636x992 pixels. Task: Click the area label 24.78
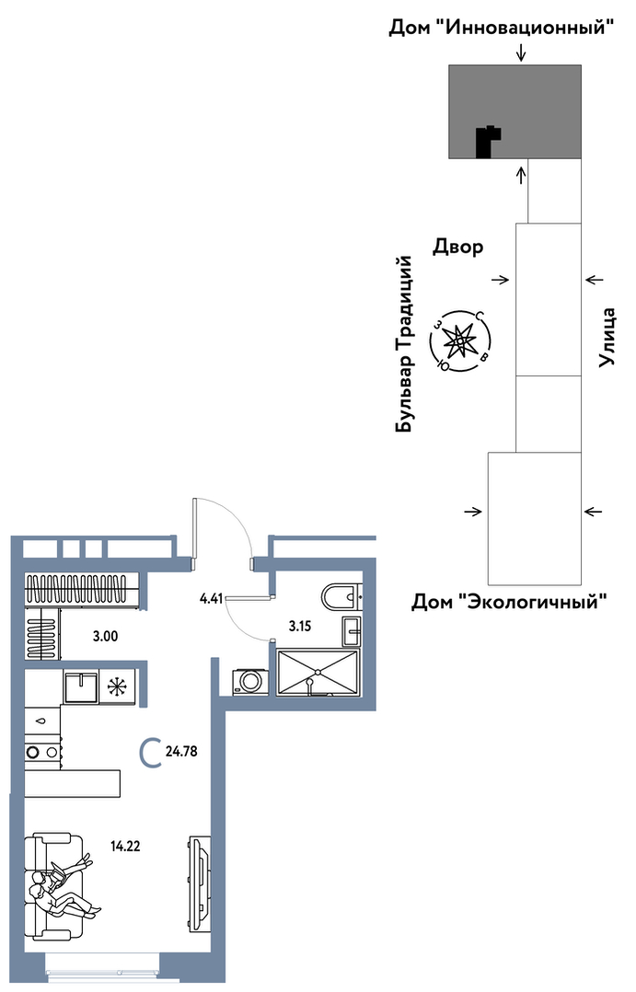tap(181, 752)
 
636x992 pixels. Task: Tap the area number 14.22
tap(125, 846)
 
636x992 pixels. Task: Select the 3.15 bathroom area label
tap(300, 627)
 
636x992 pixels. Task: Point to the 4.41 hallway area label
tap(212, 598)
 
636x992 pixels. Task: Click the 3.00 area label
tap(105, 637)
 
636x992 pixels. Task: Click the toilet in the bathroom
tap(341, 596)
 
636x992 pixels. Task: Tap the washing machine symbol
tap(250, 681)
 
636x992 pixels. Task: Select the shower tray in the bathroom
tap(318, 672)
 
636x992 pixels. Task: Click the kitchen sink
tap(81, 687)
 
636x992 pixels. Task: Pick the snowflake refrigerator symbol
tap(116, 687)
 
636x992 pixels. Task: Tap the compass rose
tap(460, 341)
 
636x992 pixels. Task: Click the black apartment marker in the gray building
tap(488, 142)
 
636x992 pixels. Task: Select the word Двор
tap(458, 246)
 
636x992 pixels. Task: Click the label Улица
tap(607, 337)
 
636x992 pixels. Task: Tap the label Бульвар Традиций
tap(404, 345)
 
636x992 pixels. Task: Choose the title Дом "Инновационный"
tap(502, 28)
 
